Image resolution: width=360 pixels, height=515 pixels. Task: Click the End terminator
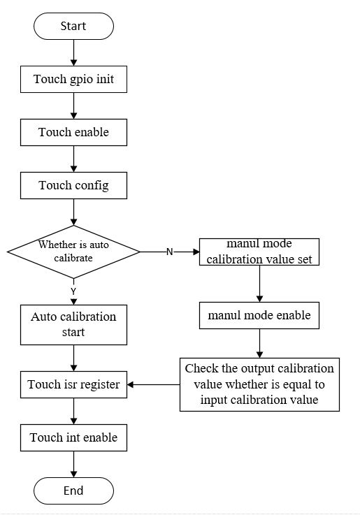pos(73,490)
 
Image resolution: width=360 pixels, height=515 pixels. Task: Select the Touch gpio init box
pos(73,79)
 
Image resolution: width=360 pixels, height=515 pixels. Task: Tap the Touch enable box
pos(73,132)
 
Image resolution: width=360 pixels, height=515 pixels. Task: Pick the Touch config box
pos(73,185)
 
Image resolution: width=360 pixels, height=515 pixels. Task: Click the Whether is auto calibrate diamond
pos(73,251)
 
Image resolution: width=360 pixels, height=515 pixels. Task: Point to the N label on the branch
pos(169,252)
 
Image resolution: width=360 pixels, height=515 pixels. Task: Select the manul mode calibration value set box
pos(259,252)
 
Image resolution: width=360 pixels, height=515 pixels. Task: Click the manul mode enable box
pos(259,317)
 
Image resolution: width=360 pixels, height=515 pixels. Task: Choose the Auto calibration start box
pos(73,325)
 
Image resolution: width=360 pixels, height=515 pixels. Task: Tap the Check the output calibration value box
pos(259,384)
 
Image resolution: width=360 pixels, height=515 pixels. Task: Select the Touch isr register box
pos(73,384)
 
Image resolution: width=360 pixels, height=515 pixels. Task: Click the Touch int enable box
pos(73,438)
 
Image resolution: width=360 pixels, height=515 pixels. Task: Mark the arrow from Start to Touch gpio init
pos(73,52)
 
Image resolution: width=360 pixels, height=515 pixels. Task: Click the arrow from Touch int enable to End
pos(73,465)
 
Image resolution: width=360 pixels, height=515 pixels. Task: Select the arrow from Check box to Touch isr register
pos(154,384)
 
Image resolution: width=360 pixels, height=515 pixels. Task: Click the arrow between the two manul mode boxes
pos(259,284)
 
